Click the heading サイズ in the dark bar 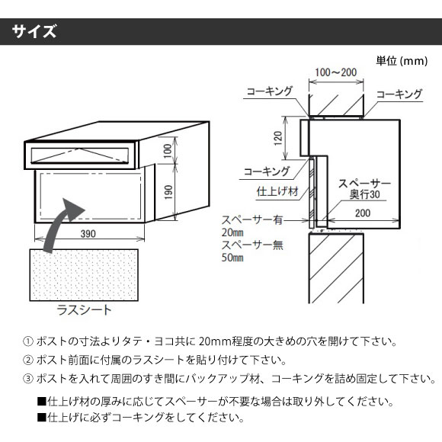(34, 31)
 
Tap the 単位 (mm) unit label (402, 61)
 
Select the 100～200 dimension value (336, 72)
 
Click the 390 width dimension (88, 234)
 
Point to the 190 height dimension (168, 192)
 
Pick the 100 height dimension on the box (168, 151)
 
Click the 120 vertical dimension (278, 138)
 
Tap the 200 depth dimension (363, 213)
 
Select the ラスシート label (85, 310)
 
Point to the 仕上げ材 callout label (277, 191)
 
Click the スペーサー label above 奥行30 (364, 183)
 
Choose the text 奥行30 (365, 194)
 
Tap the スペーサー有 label (252, 220)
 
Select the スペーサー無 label (252, 245)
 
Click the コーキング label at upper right (399, 94)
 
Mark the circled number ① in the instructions (28, 341)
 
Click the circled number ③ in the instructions (28, 379)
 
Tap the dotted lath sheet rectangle (84, 275)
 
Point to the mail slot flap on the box (80, 155)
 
